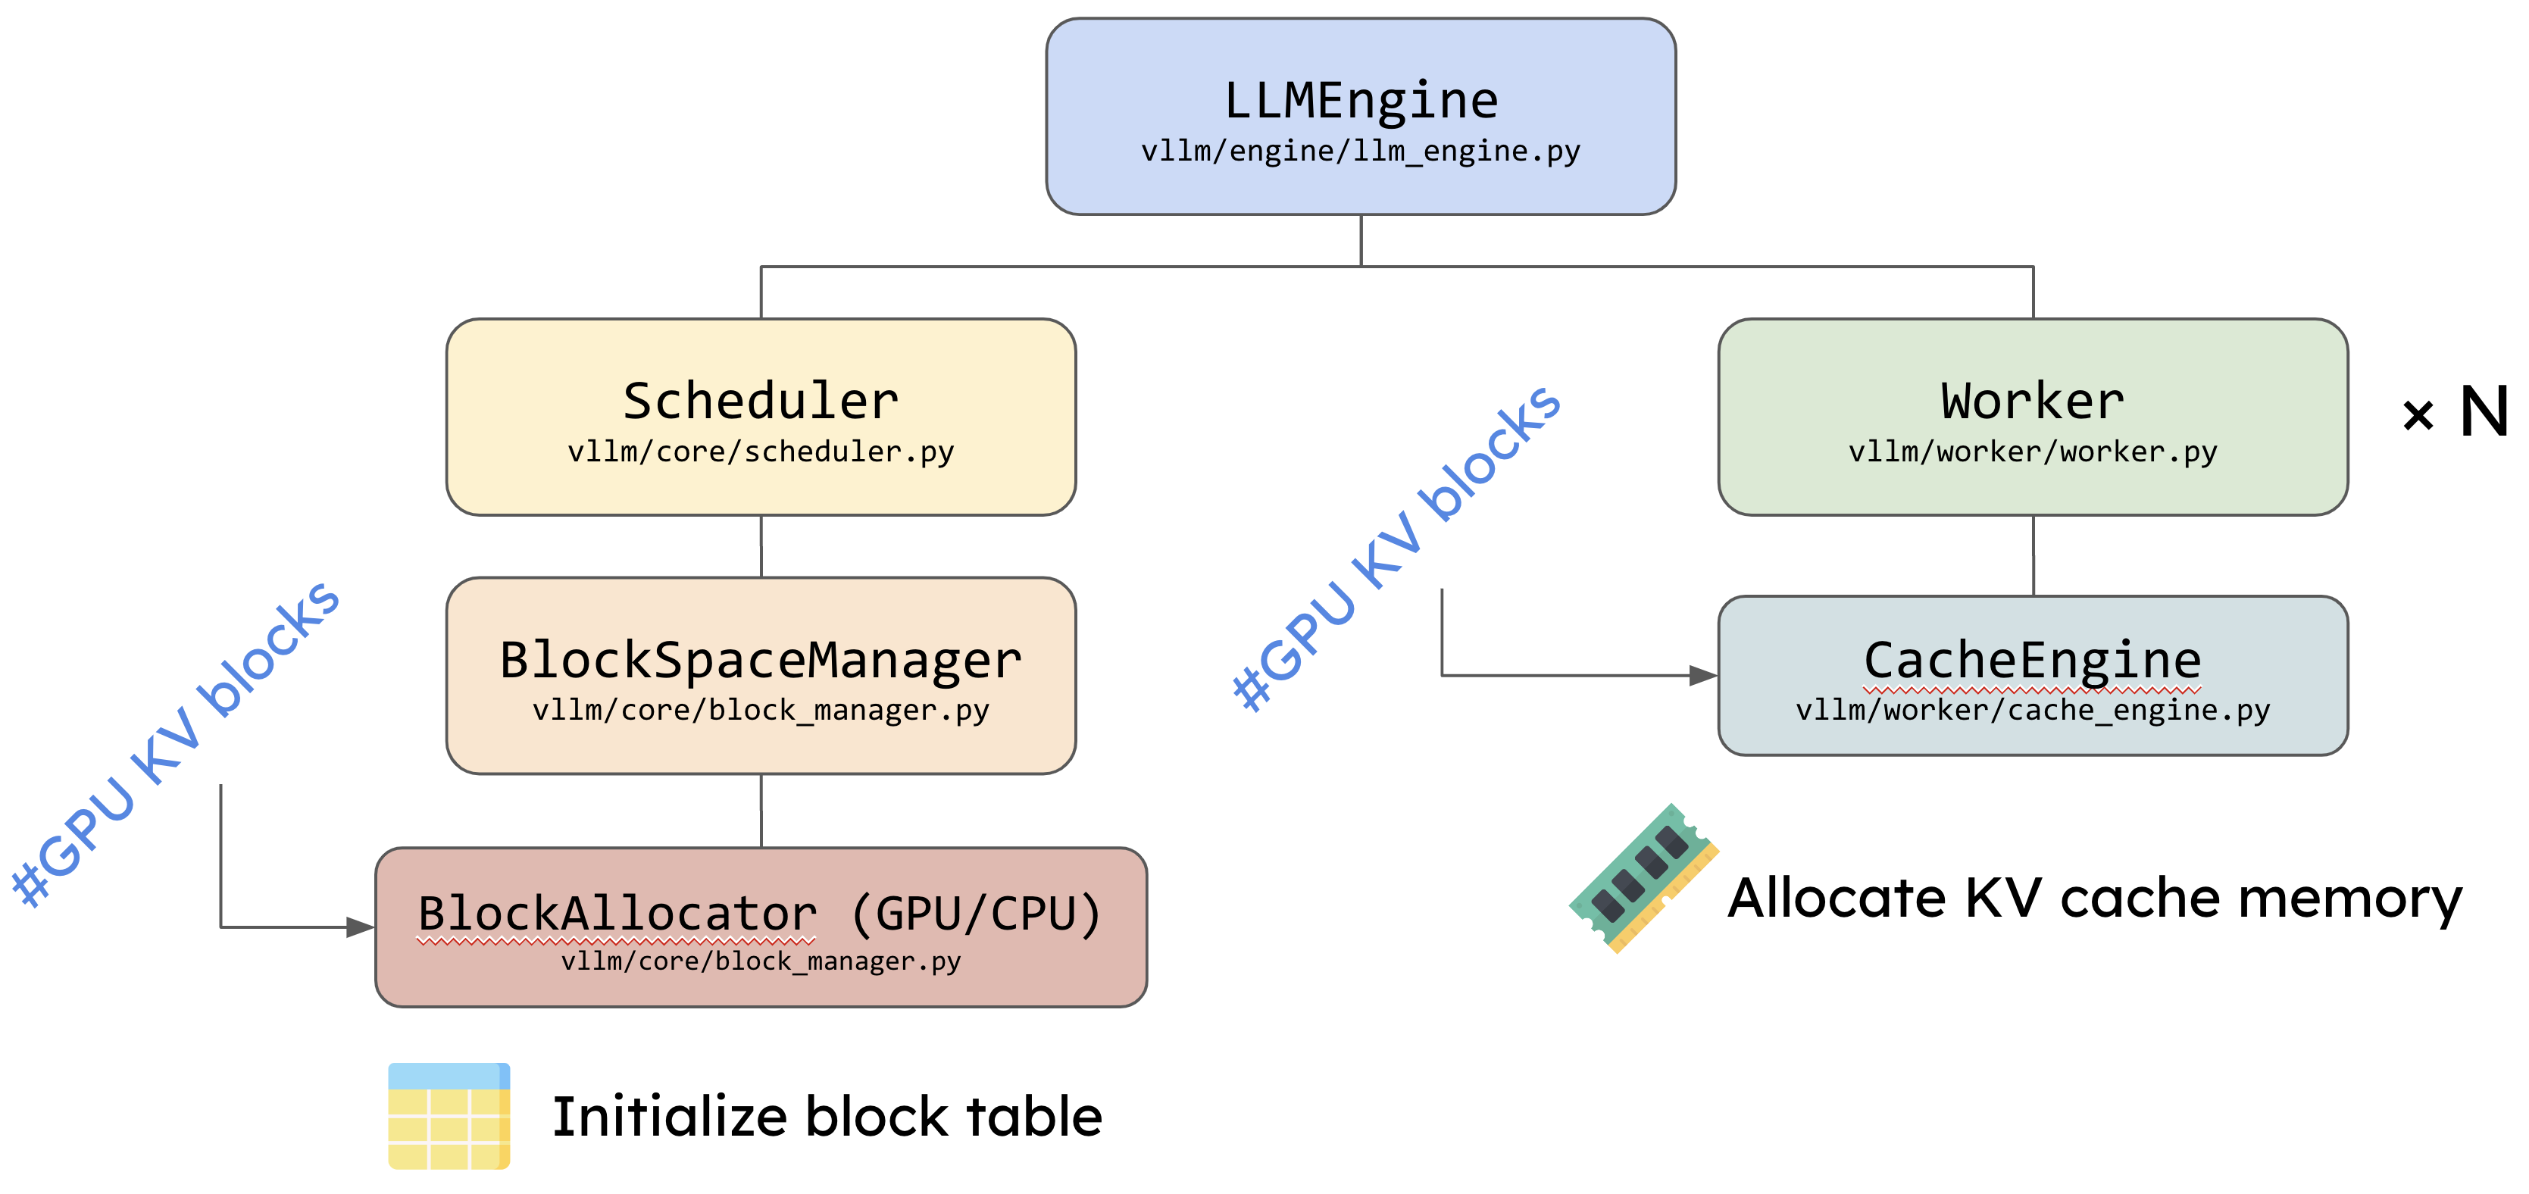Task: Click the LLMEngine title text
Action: click(x=1361, y=100)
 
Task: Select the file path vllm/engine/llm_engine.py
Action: click(x=1361, y=152)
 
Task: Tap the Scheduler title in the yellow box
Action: click(x=761, y=401)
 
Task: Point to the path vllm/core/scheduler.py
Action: click(x=761, y=452)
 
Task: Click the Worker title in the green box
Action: click(x=2032, y=401)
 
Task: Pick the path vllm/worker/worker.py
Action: click(x=2032, y=452)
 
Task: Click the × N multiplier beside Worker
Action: click(x=2455, y=412)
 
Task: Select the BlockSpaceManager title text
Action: click(x=761, y=660)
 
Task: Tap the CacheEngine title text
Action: click(x=2032, y=660)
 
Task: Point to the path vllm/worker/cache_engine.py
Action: click(x=2032, y=710)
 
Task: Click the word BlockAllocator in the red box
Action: click(x=617, y=914)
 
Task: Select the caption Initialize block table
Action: click(x=827, y=1117)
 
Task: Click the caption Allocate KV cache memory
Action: click(x=2095, y=899)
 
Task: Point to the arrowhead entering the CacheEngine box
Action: click(x=1702, y=676)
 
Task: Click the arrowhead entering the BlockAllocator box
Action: click(x=359, y=927)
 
